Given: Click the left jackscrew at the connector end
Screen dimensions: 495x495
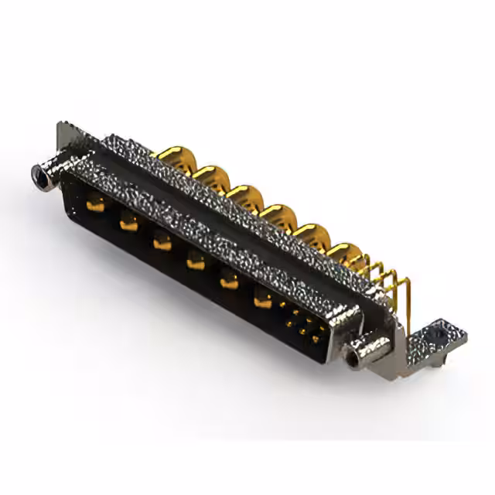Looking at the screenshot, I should click(41, 176).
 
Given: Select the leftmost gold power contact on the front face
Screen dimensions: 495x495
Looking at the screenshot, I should click(96, 205).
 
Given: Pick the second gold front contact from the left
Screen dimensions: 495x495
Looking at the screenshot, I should click(128, 224).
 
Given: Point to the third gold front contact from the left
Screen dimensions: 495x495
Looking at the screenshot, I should click(162, 241).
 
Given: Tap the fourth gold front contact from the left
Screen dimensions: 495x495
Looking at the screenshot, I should click(196, 261).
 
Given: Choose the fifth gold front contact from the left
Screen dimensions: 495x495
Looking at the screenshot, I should click(229, 280).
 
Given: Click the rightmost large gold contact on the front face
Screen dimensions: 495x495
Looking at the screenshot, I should click(263, 299).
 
